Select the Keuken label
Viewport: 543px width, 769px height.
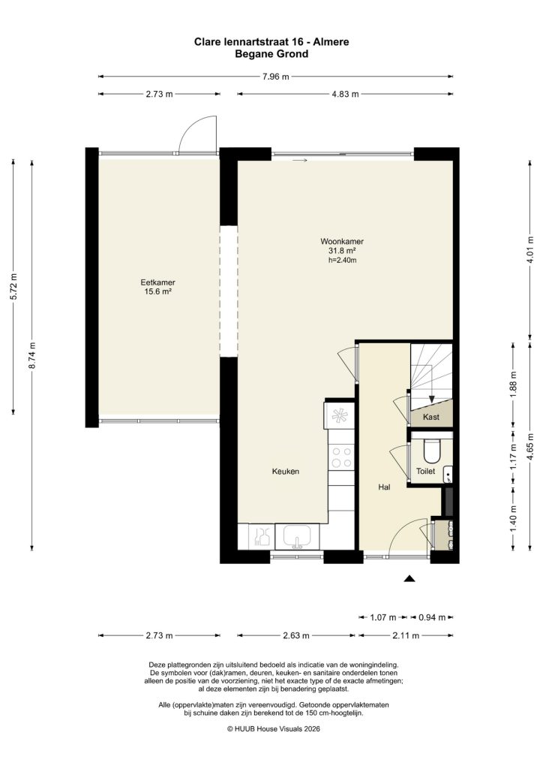point(286,472)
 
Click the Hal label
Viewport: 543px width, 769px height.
point(384,487)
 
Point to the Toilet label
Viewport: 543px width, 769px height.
point(425,472)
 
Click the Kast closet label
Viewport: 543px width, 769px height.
point(430,416)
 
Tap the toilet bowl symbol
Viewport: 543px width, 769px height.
point(431,451)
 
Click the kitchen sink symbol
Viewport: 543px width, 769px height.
point(296,537)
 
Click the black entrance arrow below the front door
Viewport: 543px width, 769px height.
point(409,578)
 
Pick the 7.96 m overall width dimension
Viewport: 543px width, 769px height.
point(275,76)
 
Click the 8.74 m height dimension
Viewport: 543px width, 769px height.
point(31,354)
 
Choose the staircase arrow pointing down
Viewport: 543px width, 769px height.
point(431,397)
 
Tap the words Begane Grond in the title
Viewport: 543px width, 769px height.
point(271,54)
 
